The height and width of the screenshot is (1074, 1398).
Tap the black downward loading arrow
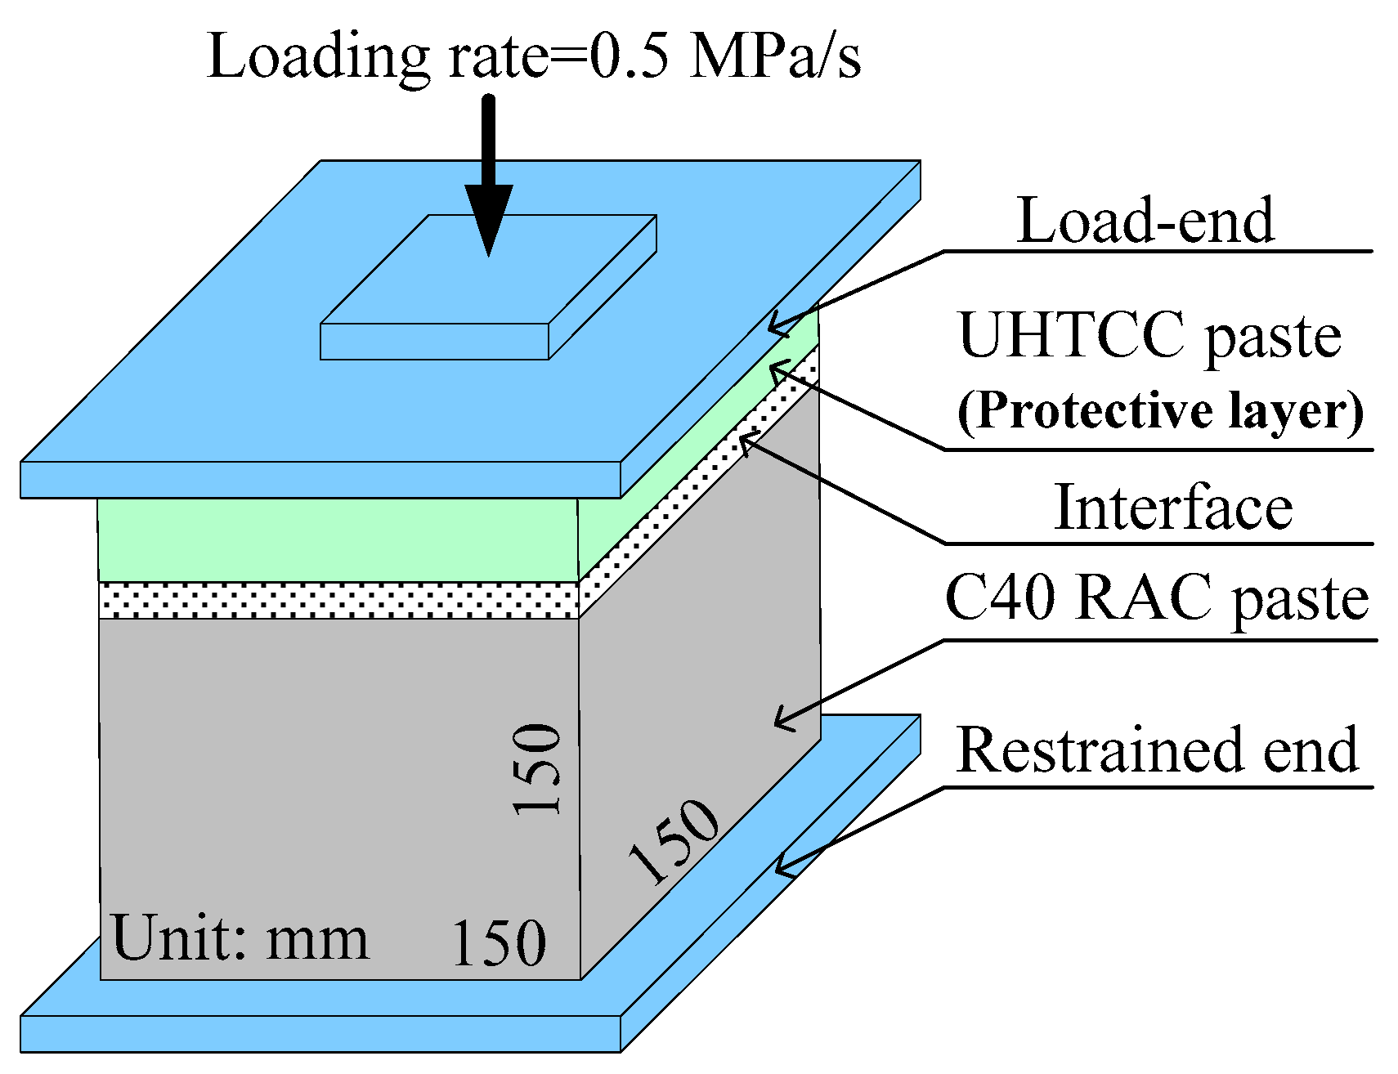pyautogui.click(x=488, y=180)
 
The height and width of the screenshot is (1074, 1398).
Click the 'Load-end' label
pyautogui.click(x=1145, y=221)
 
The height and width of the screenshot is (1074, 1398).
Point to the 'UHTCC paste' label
pyautogui.click(x=1149, y=335)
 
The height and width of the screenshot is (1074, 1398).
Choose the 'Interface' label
pyautogui.click(x=1173, y=508)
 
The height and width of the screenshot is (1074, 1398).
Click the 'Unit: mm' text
pyautogui.click(x=240, y=938)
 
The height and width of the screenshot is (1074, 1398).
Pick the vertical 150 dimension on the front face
pyautogui.click(x=537, y=769)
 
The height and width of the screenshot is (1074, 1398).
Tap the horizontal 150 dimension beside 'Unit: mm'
pyautogui.click(x=498, y=942)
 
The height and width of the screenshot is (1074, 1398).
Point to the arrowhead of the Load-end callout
pyautogui.click(x=773, y=329)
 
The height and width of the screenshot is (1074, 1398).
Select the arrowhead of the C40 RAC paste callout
pyautogui.click(x=779, y=722)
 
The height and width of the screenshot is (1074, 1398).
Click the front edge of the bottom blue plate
pyautogui.click(x=320, y=1033)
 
